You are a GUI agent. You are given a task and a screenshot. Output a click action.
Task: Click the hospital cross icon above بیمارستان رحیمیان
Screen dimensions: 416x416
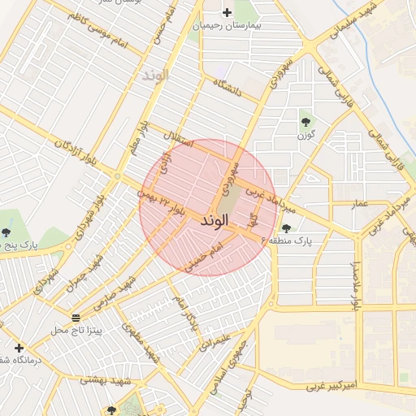(227, 12)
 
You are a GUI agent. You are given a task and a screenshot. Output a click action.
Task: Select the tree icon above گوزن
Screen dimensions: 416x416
(306, 122)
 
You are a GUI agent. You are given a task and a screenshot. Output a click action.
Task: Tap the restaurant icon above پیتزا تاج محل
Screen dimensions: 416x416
(76, 317)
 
